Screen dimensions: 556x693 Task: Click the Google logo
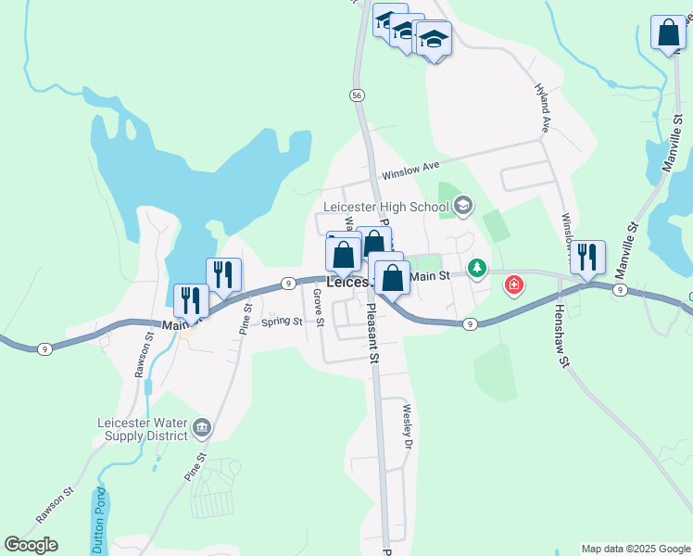tap(31, 545)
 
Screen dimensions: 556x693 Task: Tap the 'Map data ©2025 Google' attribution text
tap(636, 549)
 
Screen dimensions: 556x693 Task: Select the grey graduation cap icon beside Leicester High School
tap(464, 206)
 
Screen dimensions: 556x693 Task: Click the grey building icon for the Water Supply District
tap(203, 428)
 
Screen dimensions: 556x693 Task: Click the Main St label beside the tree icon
tap(429, 275)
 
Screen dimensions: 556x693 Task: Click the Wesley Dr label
tap(406, 425)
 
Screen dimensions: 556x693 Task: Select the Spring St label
tap(282, 322)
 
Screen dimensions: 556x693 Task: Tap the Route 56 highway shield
tap(357, 95)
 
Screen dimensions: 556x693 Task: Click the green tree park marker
tap(477, 268)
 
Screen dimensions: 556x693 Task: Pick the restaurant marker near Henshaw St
tap(587, 257)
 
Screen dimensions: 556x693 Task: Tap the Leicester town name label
tap(347, 282)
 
